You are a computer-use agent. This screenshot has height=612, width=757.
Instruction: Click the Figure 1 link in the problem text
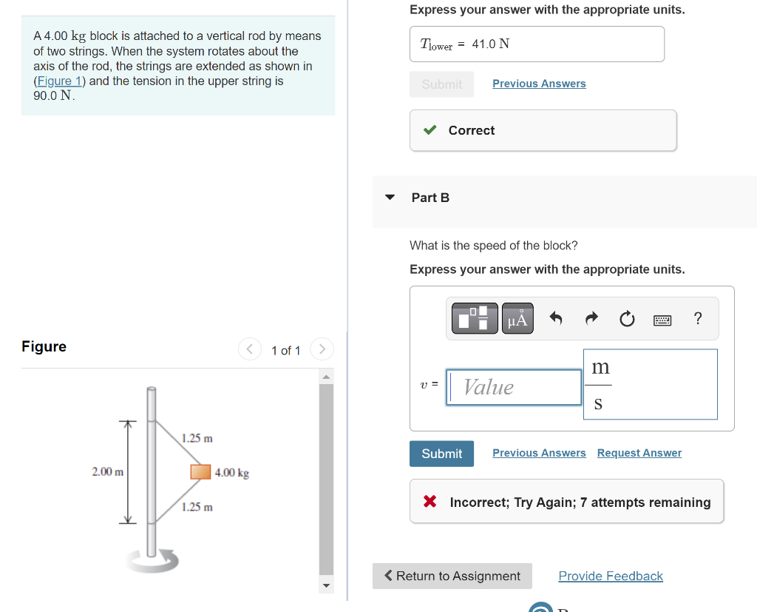coord(55,81)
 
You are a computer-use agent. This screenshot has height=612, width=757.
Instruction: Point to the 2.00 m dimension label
coord(107,471)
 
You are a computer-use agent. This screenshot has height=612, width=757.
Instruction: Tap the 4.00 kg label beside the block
coord(232,473)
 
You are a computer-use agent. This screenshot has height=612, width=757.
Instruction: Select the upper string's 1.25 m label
coord(197,438)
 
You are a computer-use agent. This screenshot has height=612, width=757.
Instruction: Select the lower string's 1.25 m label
coord(197,507)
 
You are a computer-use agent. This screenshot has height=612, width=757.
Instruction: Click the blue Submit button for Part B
coord(441,454)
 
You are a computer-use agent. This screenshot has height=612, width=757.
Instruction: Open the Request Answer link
coord(639,453)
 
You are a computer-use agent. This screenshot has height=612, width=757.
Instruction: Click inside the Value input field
coord(515,387)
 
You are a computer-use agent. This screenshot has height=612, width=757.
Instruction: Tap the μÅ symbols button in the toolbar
coord(517,319)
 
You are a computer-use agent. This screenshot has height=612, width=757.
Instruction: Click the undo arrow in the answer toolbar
coord(557,319)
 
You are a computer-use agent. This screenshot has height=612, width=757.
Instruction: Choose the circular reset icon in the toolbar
coord(627,319)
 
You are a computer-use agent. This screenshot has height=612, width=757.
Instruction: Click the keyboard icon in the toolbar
coord(662,320)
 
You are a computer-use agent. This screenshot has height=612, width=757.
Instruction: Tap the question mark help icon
coord(698,319)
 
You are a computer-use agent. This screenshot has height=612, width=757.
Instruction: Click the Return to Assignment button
coord(452,576)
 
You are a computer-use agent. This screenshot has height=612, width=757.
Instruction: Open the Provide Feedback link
coord(611,576)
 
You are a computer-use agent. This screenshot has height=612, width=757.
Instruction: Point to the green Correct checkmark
coord(430,130)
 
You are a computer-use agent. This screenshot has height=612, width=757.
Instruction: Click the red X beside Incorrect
coord(430,502)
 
